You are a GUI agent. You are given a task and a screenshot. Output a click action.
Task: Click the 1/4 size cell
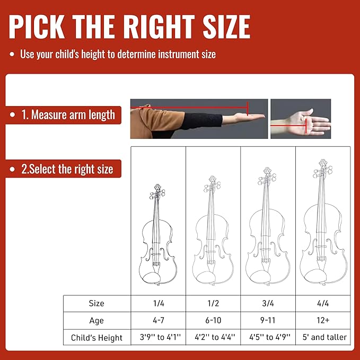[x=158, y=303]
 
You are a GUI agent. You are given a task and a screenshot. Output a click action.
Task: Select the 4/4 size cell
[x=323, y=303]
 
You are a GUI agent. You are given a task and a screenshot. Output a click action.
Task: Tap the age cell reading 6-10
[x=213, y=320]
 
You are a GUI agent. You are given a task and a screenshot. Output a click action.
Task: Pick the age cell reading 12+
[x=323, y=320]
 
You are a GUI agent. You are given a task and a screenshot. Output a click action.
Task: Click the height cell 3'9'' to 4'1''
[x=158, y=337]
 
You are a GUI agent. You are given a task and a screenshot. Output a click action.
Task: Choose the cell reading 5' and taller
[x=323, y=337]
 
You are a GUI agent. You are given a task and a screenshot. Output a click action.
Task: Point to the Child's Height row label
[x=96, y=337]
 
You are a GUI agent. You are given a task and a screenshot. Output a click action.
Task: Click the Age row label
[x=96, y=320]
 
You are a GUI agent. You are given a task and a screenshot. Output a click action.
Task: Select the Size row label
[x=96, y=303]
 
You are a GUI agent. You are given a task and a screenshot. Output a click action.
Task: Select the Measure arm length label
[x=73, y=115]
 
